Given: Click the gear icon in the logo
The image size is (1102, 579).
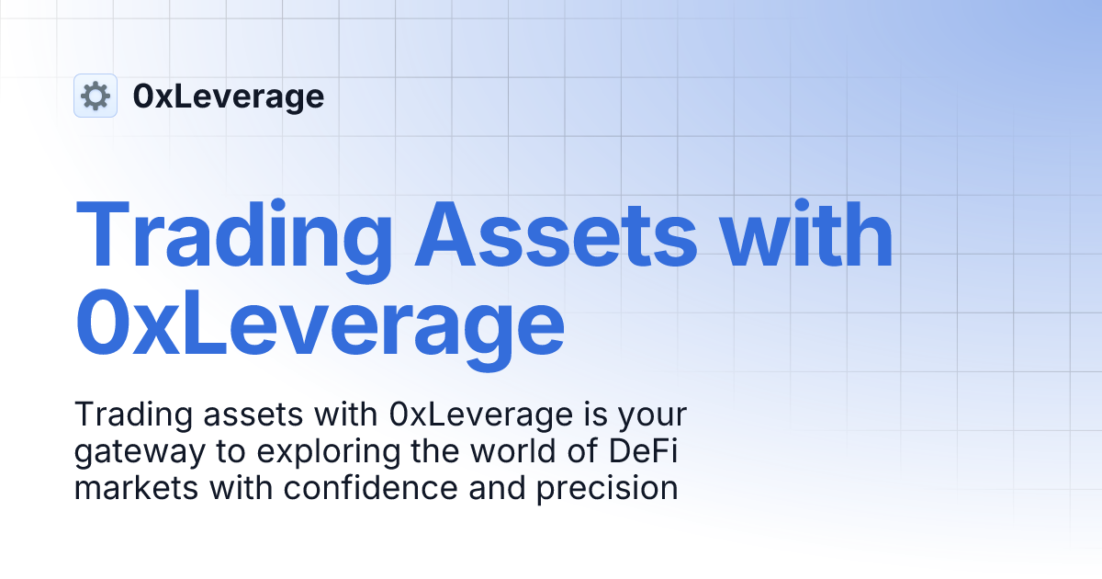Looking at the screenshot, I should coord(96,96).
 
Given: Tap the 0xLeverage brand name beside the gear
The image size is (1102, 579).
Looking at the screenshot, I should coord(228,96).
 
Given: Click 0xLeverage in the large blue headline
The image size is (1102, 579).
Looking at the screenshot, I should coord(320,324).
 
